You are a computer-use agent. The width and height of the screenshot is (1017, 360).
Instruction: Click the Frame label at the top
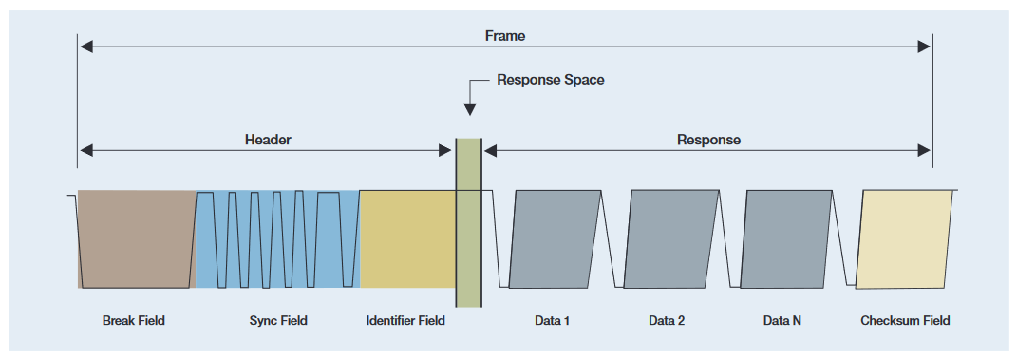coord(504,36)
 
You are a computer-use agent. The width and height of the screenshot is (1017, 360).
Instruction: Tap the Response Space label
coord(551,80)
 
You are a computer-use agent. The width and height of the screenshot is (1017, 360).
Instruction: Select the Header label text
coord(268,140)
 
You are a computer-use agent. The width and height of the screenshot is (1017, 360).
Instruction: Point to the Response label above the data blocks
coord(708,140)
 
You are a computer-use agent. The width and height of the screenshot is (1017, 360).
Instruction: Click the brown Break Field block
coord(136,238)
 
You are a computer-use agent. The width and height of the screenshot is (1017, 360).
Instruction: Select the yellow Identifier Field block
coord(407,238)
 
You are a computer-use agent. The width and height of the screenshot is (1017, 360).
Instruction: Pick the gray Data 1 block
coord(556,238)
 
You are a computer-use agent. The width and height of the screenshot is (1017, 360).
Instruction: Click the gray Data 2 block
coord(670,238)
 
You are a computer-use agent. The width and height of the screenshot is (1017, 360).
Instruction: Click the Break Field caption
coord(133,321)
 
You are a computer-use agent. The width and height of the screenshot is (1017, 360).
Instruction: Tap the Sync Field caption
coord(278,321)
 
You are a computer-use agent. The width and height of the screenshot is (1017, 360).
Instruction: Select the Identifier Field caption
coord(405,321)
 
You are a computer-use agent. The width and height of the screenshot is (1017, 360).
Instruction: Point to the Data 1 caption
coord(552,321)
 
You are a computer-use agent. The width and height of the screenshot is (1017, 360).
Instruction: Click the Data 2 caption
coord(667,321)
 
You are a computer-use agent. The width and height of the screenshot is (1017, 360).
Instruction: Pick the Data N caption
coord(782,321)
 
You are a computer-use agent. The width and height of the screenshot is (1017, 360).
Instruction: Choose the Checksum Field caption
coord(905,321)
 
